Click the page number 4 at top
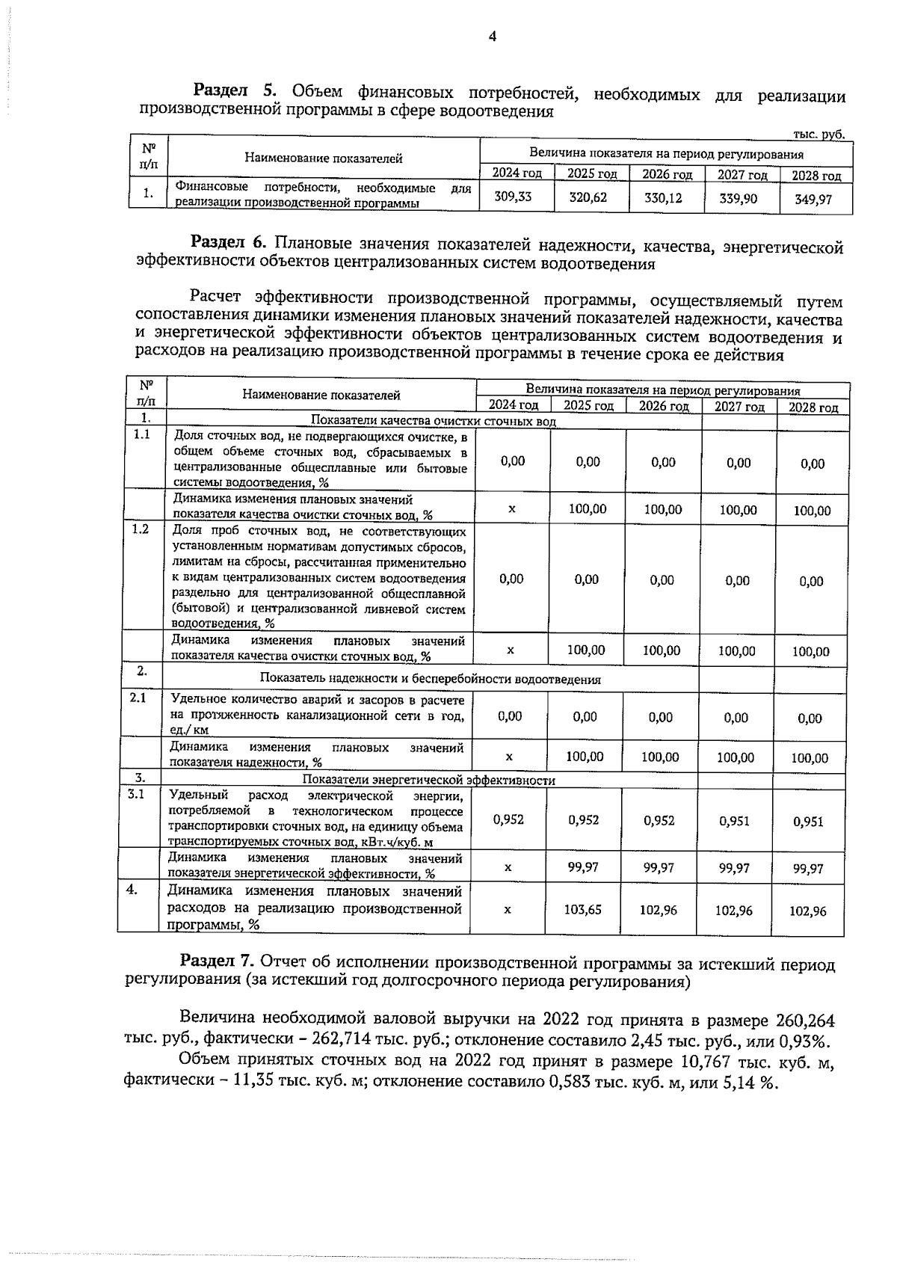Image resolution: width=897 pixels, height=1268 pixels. pos(492,37)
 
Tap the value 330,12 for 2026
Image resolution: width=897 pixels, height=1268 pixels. pos(663,199)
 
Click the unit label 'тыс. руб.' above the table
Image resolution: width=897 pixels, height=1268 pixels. pos(818,135)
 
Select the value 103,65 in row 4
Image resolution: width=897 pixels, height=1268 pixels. pos(584,910)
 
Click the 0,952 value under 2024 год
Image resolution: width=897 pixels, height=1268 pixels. pos(508,819)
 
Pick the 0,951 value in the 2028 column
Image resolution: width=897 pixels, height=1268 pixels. pos(808,822)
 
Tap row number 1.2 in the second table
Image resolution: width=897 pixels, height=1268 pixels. pos(140,529)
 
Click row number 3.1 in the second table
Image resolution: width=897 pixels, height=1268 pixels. pos(136,794)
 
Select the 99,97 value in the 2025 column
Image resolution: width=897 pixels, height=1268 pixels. pos(584,867)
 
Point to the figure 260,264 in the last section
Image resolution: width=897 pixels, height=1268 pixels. pos(805,1021)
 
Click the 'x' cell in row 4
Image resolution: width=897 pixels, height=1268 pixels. pos(508,910)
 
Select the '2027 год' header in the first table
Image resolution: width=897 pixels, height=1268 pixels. pos(742,175)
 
